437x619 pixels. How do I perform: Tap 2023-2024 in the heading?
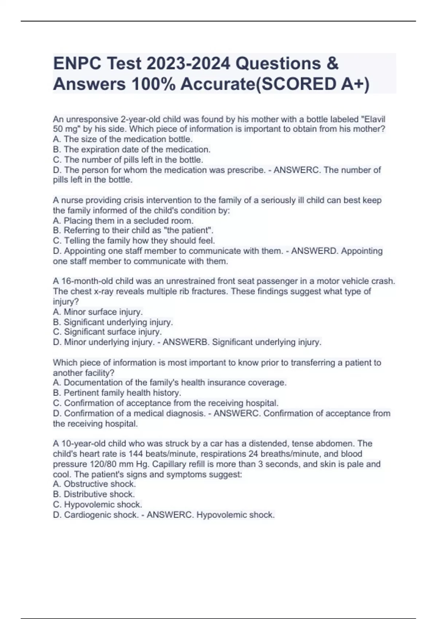click(x=188, y=64)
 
